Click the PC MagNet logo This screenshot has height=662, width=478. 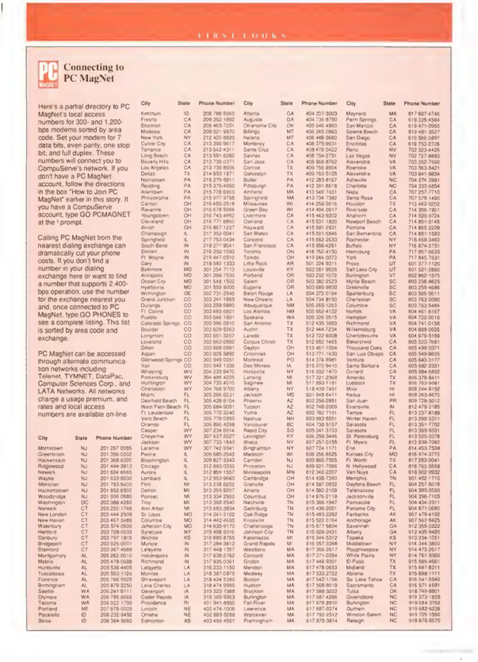(x=48, y=74)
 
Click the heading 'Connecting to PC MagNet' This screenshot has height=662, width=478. (x=93, y=73)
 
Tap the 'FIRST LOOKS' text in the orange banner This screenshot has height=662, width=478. (x=242, y=36)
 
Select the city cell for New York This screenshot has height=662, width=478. (x=152, y=138)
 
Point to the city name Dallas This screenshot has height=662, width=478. (x=148, y=174)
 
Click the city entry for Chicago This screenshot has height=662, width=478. (x=150, y=466)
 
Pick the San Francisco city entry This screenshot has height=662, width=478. (x=260, y=245)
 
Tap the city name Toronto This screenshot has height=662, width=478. (x=252, y=252)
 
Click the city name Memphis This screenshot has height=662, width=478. (x=356, y=478)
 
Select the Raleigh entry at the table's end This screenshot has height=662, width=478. (x=355, y=621)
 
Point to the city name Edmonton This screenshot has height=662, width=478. (x=152, y=621)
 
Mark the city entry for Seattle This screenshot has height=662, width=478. (x=46, y=591)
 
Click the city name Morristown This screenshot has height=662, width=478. (x=50, y=448)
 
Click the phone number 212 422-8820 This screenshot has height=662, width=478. (x=219, y=138)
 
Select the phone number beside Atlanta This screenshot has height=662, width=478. (x=321, y=114)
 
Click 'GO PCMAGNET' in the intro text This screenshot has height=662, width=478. (x=110, y=215)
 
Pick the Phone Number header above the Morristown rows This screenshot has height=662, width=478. (x=114, y=438)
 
